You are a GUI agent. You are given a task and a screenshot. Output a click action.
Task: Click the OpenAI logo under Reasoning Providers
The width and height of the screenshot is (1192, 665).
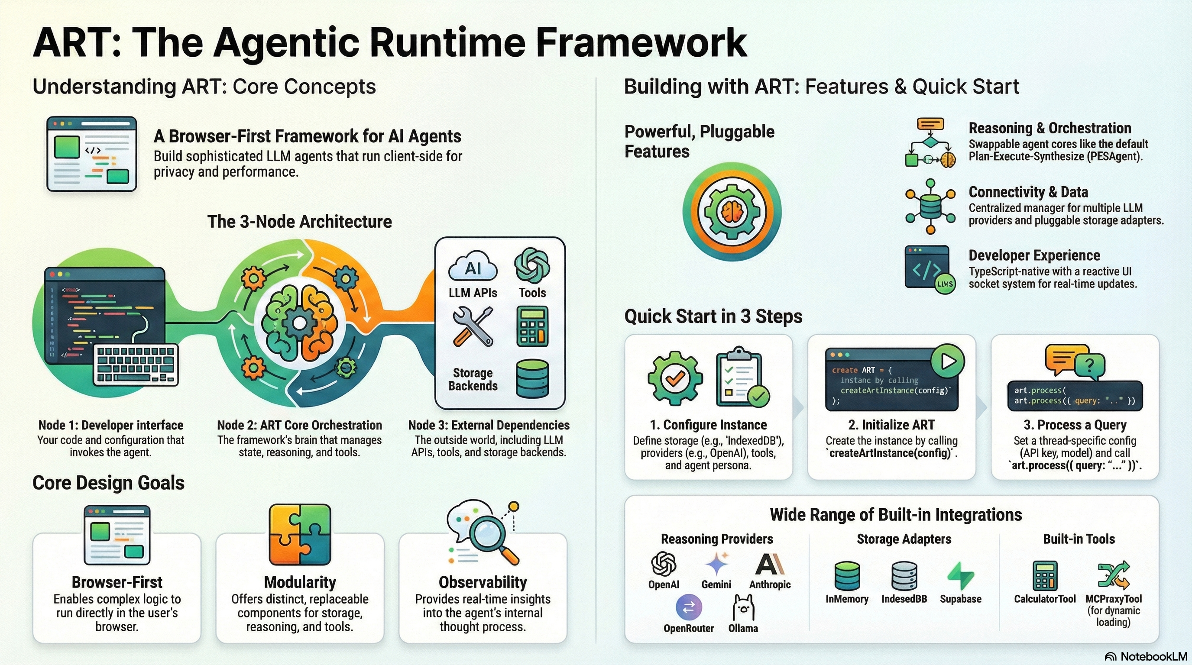pyautogui.click(x=664, y=564)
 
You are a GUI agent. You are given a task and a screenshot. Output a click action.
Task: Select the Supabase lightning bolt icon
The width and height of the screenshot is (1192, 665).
pyautogui.click(x=961, y=576)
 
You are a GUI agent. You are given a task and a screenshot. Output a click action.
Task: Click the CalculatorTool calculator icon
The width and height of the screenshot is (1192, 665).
pyautogui.click(x=1045, y=576)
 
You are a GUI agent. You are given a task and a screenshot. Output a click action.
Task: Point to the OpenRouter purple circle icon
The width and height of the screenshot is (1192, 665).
pyautogui.click(x=689, y=607)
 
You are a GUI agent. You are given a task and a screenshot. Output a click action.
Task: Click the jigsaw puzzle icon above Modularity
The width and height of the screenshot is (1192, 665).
pyautogui.click(x=300, y=535)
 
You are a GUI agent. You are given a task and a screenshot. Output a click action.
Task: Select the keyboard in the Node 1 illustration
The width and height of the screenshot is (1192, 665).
pyautogui.click(x=136, y=365)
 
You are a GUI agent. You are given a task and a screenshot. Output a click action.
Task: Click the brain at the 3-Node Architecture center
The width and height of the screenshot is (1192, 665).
pyautogui.click(x=300, y=323)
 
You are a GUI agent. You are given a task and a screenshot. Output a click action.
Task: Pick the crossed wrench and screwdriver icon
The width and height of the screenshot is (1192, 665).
pyautogui.click(x=473, y=327)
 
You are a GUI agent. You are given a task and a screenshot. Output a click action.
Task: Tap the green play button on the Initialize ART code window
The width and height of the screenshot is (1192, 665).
pyautogui.click(x=947, y=361)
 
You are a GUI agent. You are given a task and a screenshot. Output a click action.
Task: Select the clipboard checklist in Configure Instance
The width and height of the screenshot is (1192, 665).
pyautogui.click(x=739, y=377)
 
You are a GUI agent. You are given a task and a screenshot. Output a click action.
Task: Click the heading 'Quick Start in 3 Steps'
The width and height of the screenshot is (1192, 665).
pyautogui.click(x=713, y=316)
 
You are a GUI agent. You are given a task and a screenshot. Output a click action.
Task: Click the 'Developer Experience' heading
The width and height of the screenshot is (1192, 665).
pyautogui.click(x=1034, y=255)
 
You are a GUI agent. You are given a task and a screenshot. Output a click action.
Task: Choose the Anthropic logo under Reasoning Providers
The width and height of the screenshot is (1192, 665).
pyautogui.click(x=770, y=564)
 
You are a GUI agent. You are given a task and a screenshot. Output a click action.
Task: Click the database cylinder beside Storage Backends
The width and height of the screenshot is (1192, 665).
pyautogui.click(x=532, y=378)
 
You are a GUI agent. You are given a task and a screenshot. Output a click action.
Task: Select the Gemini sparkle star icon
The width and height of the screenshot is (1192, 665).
pyautogui.click(x=716, y=564)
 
